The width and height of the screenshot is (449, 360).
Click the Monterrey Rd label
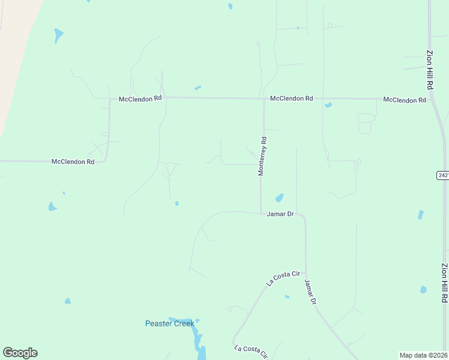(x=263, y=156)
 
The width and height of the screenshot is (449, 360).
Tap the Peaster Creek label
(x=170, y=323)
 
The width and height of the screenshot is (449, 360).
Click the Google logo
(x=20, y=353)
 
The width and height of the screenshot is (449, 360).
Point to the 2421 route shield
(x=443, y=175)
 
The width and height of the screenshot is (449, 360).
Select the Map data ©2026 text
(x=424, y=355)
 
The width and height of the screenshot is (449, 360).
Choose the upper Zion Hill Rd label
(x=430, y=70)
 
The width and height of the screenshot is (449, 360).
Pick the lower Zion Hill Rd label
(x=444, y=283)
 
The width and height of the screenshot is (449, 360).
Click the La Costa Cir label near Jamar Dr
(x=283, y=278)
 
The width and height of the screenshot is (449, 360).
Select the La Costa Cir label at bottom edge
(x=251, y=352)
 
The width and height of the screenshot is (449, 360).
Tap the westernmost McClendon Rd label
(x=73, y=161)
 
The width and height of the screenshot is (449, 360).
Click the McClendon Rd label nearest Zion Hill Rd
(x=405, y=100)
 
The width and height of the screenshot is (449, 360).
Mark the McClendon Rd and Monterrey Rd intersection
(x=264, y=98)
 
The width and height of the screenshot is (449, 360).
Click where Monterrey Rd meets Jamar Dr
(x=261, y=213)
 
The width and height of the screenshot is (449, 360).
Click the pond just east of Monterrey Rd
(x=279, y=197)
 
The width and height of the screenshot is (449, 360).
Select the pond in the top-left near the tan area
(x=58, y=35)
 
